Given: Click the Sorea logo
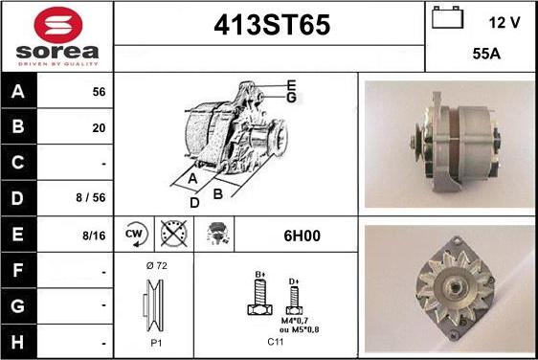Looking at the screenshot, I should [x=56, y=35].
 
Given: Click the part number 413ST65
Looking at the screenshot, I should [x=269, y=27].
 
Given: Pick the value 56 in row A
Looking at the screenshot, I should [x=99, y=92].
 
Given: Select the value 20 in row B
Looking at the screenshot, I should [x=99, y=127].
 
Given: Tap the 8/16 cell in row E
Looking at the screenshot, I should [x=94, y=234].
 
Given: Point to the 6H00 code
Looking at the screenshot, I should [x=293, y=234].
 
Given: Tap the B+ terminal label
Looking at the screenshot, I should [x=258, y=274].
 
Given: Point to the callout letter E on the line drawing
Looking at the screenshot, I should [x=290, y=85].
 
